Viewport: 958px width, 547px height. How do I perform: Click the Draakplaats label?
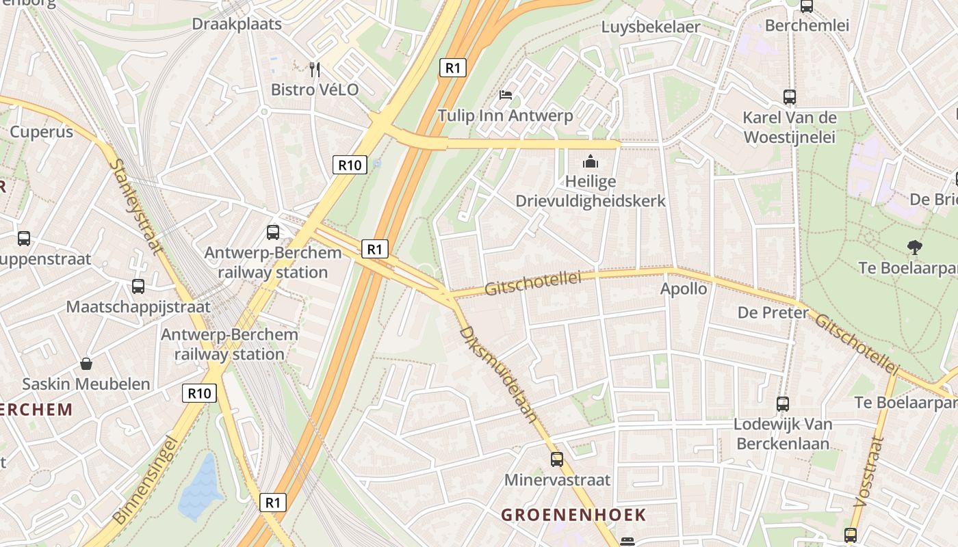coord(237,24)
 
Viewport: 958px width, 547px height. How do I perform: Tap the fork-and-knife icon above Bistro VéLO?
coord(315,69)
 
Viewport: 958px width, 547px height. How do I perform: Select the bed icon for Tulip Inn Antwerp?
coord(506,94)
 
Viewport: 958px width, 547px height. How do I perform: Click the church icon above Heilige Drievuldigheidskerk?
coord(590,162)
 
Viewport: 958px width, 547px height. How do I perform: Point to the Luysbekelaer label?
coord(651,27)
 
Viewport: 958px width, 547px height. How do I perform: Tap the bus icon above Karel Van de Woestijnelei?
coord(790,97)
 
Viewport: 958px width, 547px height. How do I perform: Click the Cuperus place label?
coord(42,132)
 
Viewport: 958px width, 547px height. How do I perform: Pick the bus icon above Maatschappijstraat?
coord(138,286)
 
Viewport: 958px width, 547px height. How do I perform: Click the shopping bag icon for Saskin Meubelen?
coord(86,363)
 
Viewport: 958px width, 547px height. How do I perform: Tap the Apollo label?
coord(684,289)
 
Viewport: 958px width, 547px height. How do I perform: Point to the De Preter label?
coord(773,313)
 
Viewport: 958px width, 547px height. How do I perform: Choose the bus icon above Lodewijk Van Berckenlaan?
coord(783,404)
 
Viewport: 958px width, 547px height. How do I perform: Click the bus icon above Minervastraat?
coord(557,459)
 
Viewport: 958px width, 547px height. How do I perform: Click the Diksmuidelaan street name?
coord(499,374)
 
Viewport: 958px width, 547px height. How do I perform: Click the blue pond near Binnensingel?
coord(200,489)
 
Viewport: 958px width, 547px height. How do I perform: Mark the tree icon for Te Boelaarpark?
coord(914,247)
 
